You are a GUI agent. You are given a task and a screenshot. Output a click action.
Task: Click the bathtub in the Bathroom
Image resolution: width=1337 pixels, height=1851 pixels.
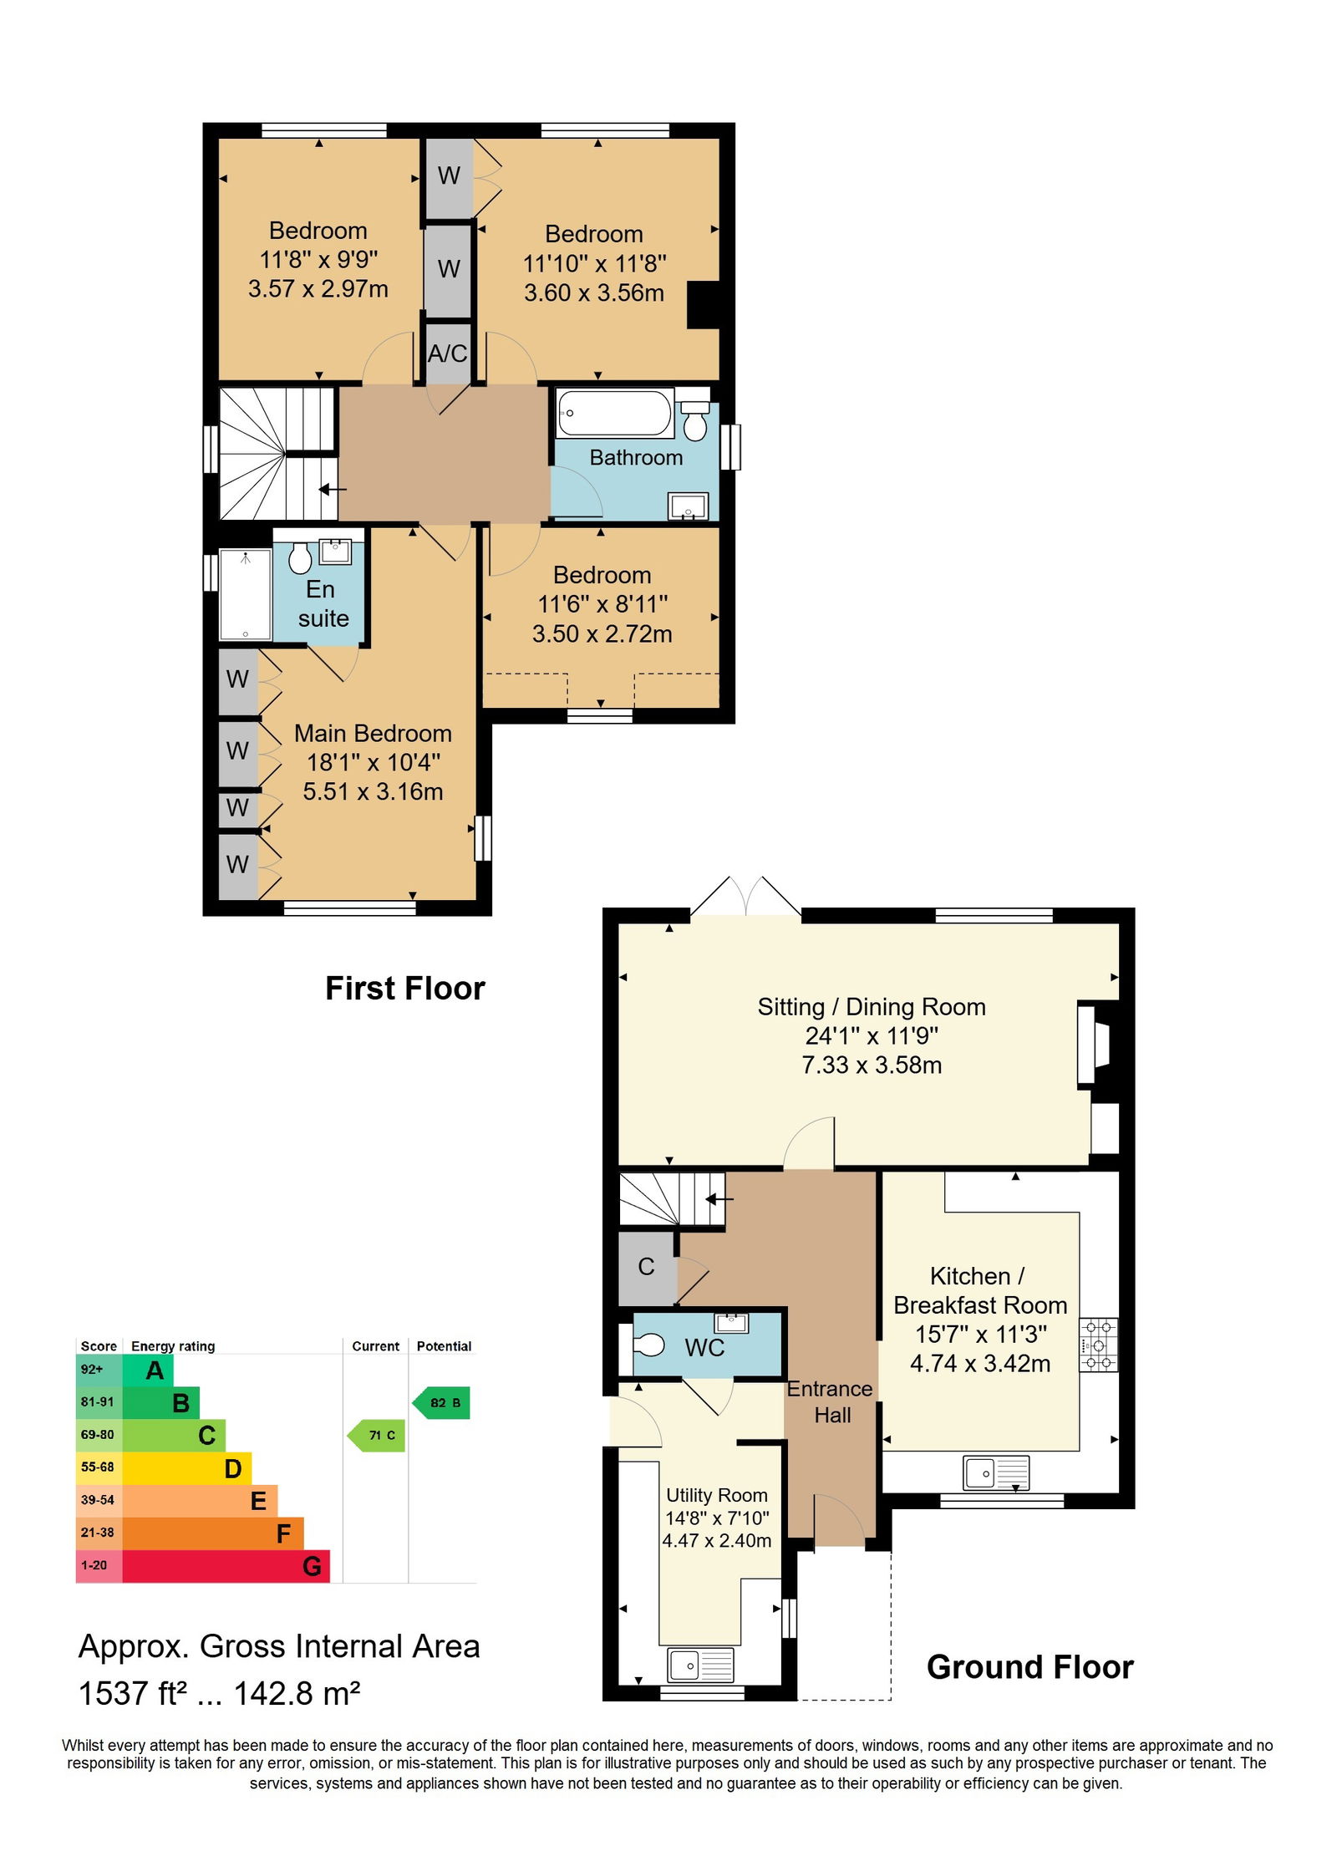(x=614, y=413)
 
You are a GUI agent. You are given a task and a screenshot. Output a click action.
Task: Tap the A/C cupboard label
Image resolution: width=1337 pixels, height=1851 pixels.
(x=447, y=353)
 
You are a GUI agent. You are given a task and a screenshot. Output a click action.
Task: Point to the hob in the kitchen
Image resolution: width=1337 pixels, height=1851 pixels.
(x=1098, y=1345)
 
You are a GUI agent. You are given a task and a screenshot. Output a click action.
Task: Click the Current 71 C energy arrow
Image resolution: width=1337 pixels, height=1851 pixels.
(x=376, y=1435)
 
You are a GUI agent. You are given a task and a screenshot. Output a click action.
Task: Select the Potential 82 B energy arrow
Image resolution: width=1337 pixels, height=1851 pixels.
(x=440, y=1402)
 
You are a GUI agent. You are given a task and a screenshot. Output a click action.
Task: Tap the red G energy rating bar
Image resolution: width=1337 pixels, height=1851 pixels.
(x=226, y=1565)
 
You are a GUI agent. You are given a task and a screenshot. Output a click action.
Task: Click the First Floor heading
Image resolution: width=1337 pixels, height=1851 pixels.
(x=404, y=988)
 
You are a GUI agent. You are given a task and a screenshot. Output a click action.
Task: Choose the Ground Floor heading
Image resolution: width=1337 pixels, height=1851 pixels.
(x=1029, y=1667)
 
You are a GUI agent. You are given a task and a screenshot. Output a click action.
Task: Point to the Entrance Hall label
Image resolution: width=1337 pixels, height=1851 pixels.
(x=831, y=1401)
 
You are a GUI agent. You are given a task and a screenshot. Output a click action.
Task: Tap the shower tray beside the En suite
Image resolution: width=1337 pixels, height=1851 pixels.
(x=246, y=594)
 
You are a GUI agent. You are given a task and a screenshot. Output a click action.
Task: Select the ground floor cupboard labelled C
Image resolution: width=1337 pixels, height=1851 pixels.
(x=647, y=1267)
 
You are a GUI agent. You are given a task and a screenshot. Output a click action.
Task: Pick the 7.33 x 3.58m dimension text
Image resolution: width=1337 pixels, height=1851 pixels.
(x=872, y=1065)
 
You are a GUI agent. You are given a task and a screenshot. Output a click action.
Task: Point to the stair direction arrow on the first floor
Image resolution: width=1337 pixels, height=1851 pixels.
(x=333, y=489)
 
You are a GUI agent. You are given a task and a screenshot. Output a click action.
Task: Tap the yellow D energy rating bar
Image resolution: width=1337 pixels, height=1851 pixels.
(x=186, y=1467)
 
